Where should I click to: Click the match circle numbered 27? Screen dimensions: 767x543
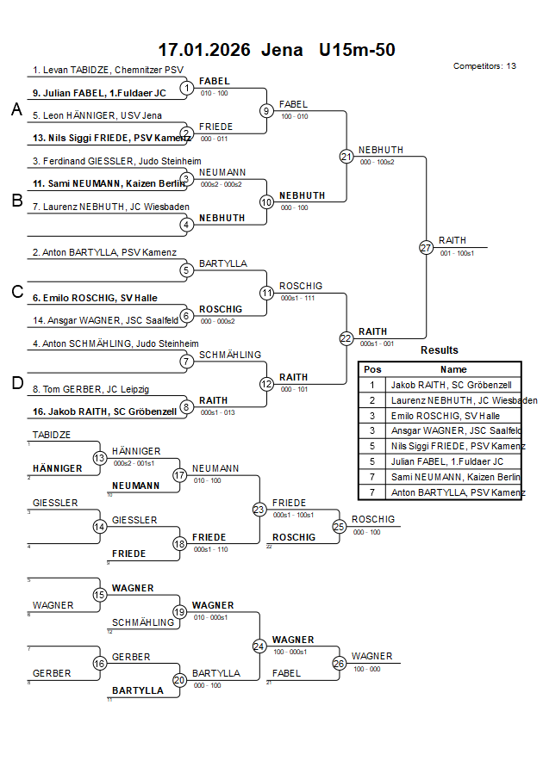point(426,247)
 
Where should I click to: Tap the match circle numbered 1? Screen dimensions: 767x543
point(185,87)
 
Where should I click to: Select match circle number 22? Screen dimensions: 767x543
point(346,338)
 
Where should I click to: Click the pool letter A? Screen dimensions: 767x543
point(16,109)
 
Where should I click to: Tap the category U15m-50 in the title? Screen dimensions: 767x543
point(357,50)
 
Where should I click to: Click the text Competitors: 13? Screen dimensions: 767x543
point(484,66)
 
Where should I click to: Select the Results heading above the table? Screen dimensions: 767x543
point(440,350)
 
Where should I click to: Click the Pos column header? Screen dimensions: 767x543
point(371,368)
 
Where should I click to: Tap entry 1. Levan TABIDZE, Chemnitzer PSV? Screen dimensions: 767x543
point(108,70)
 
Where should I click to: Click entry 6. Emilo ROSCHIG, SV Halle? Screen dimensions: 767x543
point(95,298)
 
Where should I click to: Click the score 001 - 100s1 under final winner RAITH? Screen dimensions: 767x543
point(457,253)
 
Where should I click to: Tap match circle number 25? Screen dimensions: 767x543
point(340,525)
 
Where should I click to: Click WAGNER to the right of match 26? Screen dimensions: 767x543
point(371,656)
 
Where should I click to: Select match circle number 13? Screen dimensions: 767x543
point(100,458)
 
